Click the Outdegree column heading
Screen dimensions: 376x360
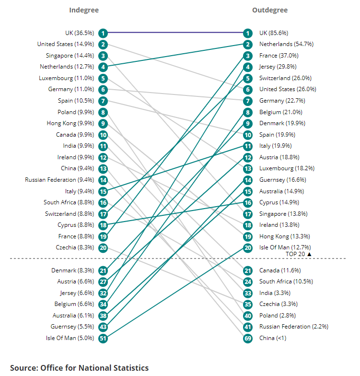pyautogui.click(x=270, y=10)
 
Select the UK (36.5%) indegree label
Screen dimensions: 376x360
pyautogui.click(x=80, y=33)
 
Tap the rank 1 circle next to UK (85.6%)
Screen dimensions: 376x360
pyautogui.click(x=247, y=33)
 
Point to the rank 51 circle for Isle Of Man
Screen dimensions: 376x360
pyautogui.click(x=103, y=338)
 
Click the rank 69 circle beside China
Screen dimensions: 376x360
pyautogui.click(x=247, y=338)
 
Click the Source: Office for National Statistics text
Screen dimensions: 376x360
pyautogui.click(x=80, y=368)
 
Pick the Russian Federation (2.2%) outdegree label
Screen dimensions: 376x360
pyautogui.click(x=293, y=327)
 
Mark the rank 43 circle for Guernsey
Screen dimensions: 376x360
pyautogui.click(x=103, y=327)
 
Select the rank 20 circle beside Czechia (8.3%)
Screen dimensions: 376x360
pyautogui.click(x=103, y=247)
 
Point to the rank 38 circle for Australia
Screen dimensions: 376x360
pyautogui.click(x=103, y=316)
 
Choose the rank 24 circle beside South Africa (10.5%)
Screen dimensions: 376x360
pyautogui.click(x=247, y=282)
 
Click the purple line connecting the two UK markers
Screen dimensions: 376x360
pyautogui.click(x=175, y=33)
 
